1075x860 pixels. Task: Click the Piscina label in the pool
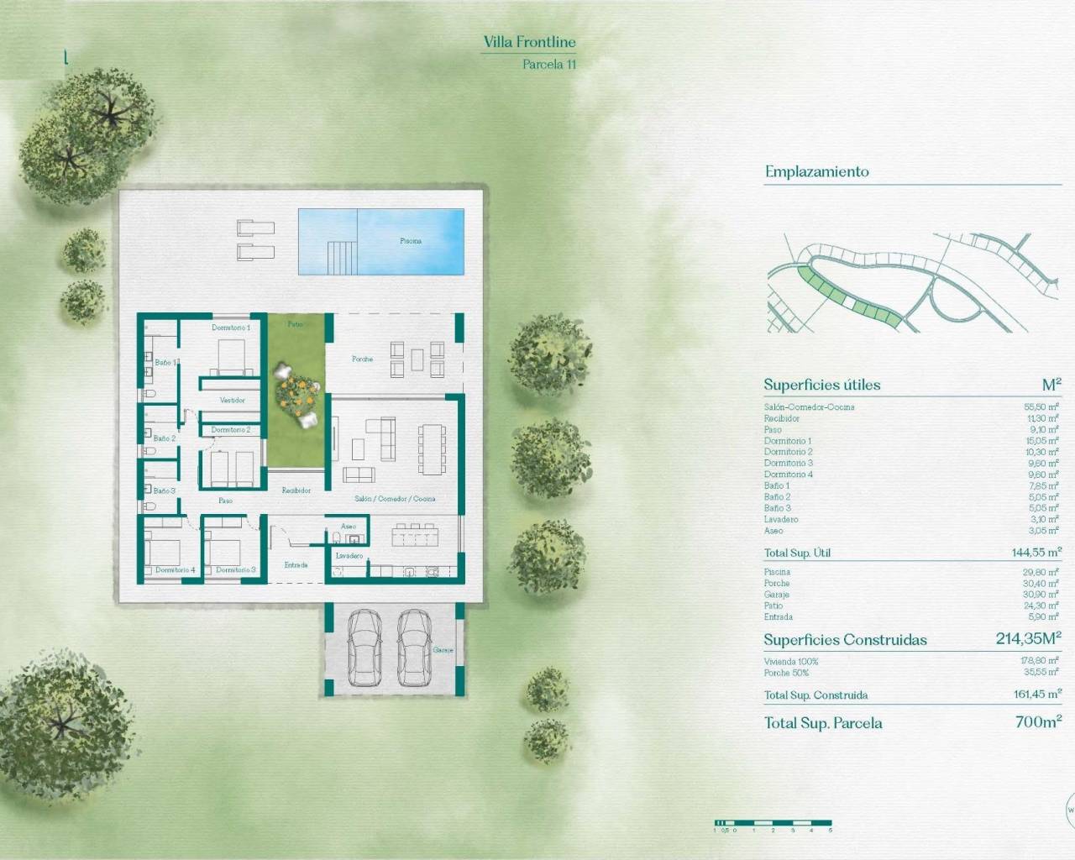(x=411, y=241)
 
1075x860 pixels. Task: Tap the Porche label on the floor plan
(x=362, y=359)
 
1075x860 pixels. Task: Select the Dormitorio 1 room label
(x=230, y=328)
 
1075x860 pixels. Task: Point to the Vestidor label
(x=233, y=401)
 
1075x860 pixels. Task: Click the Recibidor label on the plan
(x=296, y=490)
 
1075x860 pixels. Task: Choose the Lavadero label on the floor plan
(x=349, y=556)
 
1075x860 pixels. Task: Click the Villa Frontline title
(x=529, y=42)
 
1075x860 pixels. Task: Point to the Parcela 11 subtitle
(x=549, y=64)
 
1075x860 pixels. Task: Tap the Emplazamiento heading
(x=816, y=172)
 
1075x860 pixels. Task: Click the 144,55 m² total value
(x=1036, y=553)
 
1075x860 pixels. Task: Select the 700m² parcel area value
(x=1038, y=722)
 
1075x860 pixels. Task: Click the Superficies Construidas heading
(x=845, y=640)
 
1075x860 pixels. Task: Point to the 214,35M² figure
(x=1028, y=639)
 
